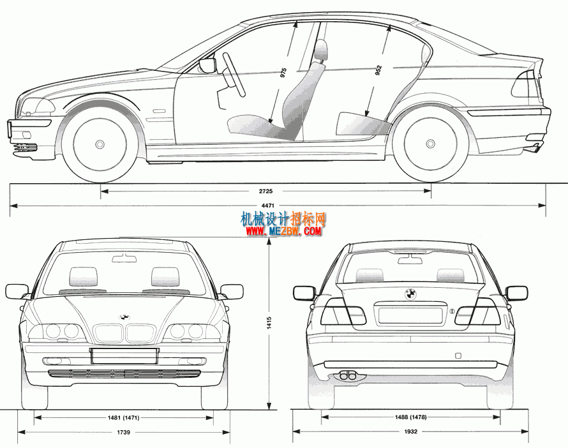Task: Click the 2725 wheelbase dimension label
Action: tap(265, 191)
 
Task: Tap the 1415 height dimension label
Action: tap(269, 323)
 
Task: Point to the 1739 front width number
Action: tap(123, 432)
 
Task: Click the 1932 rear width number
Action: tap(411, 431)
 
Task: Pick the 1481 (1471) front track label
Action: tap(123, 417)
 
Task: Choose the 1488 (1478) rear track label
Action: tap(410, 417)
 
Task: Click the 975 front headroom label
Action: tap(283, 73)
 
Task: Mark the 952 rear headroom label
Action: tap(378, 70)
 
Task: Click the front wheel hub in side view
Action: tap(100, 144)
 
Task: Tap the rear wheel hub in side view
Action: tap(430, 144)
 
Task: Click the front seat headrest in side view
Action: tap(320, 50)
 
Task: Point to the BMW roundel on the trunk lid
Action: tap(410, 294)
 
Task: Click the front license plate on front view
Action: tap(124, 356)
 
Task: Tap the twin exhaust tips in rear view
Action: tap(347, 375)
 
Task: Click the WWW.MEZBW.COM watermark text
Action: tap(284, 231)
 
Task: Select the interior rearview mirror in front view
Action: tap(124, 258)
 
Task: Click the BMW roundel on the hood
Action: tap(124, 317)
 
